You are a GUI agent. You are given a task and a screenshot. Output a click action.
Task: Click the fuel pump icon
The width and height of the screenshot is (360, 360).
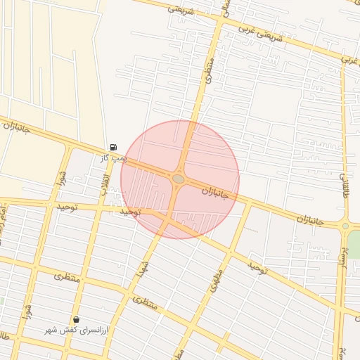point(113,147)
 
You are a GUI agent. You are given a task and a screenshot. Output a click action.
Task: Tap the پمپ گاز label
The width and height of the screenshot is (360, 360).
point(113,158)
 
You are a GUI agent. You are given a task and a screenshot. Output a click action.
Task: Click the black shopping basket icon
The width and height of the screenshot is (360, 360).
point(76,319)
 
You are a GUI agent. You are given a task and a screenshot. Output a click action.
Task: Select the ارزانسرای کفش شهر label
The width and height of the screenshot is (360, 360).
point(75,330)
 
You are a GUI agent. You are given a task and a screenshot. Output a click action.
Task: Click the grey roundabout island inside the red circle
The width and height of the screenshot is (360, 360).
point(179,179)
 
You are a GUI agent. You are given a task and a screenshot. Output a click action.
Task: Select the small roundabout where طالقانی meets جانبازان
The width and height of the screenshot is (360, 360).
point(345,226)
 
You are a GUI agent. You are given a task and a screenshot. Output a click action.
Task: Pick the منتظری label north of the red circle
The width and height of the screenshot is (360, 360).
point(210,70)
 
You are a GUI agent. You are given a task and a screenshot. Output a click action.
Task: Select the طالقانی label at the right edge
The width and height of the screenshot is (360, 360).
point(345,184)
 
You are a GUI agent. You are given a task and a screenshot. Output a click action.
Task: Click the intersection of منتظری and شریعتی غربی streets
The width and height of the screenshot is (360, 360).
point(221,20)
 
